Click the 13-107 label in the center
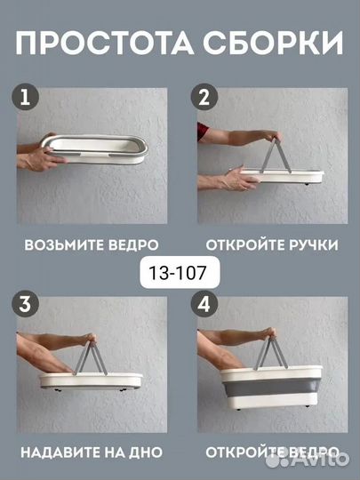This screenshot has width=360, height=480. pyautogui.click(x=180, y=270)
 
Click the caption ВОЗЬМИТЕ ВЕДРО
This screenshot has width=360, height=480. pyautogui.click(x=92, y=244)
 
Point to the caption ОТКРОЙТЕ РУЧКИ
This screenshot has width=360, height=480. pyautogui.click(x=271, y=244)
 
